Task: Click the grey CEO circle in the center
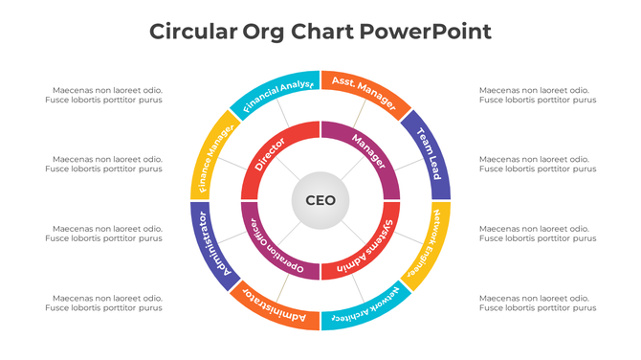(320, 201)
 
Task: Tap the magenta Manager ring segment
(371, 153)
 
